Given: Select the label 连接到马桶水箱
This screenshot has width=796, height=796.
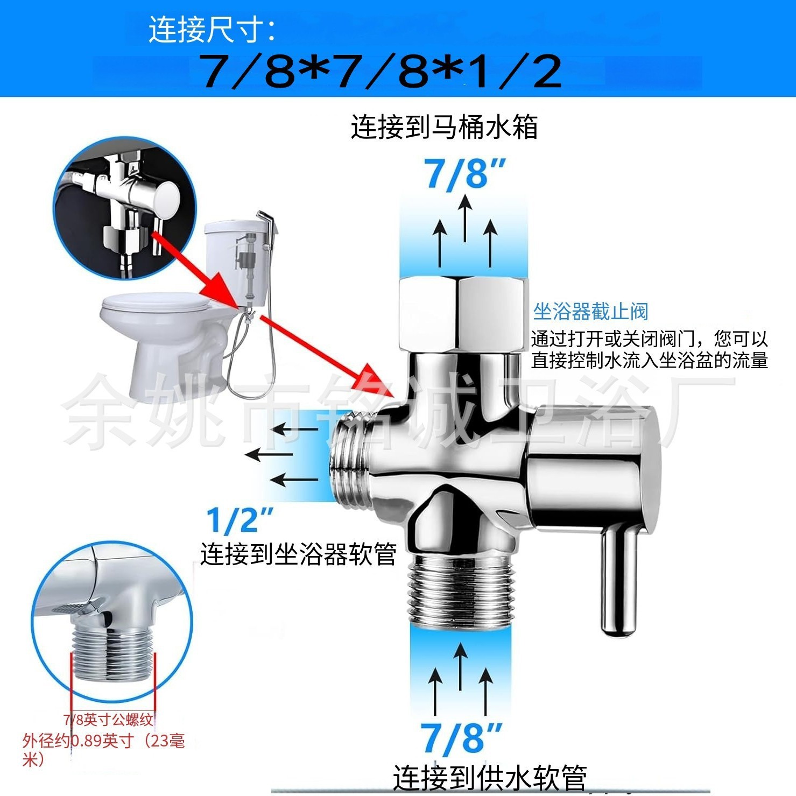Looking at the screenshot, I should click(444, 128).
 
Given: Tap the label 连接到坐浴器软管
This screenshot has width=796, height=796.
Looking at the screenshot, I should click(298, 554).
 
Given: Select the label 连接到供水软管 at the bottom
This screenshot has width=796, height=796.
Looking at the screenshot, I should click(489, 777).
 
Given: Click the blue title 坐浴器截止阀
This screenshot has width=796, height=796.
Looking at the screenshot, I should click(590, 312).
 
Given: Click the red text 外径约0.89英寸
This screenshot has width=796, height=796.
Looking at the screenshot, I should click(78, 741).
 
